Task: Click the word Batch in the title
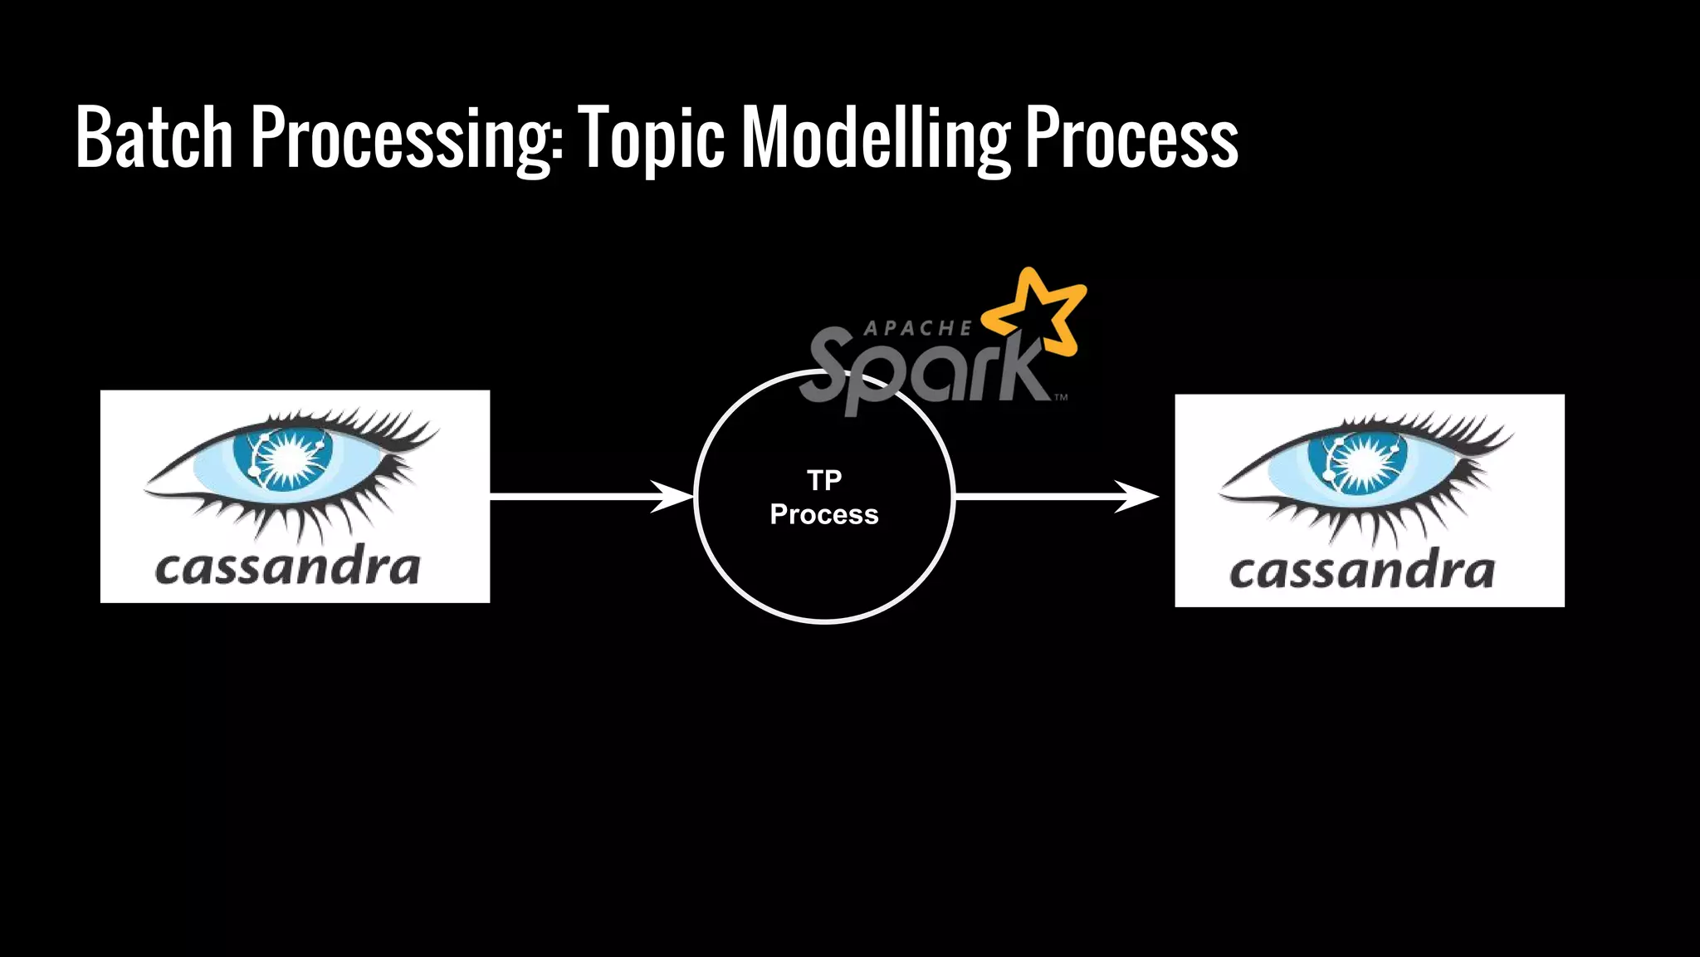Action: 154,137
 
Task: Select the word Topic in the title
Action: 651,139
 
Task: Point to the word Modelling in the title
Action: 876,139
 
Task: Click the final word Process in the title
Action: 1131,137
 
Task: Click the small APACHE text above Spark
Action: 917,329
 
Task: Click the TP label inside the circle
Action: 824,480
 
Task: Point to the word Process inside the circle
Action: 824,514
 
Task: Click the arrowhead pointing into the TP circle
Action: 674,497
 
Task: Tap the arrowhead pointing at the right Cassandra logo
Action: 1138,497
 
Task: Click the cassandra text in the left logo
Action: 287,567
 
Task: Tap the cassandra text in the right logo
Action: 1362,572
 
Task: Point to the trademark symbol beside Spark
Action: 1061,398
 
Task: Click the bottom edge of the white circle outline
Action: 824,620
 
